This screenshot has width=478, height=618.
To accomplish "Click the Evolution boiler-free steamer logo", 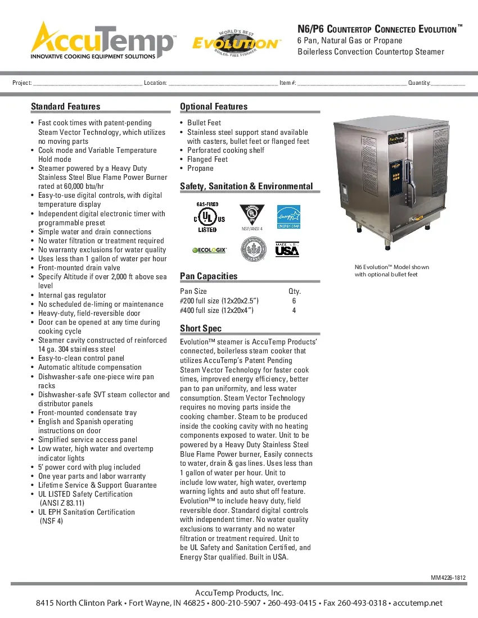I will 236,42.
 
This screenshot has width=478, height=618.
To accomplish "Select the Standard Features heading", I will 65,106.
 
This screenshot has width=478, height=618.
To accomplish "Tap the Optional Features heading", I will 214,106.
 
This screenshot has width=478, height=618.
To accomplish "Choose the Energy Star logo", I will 288,217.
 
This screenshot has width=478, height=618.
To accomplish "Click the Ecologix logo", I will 209,250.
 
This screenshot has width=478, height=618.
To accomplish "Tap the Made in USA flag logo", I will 287,249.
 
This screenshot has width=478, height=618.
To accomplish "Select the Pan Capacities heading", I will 209,276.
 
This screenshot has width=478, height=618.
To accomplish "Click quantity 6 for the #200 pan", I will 294,301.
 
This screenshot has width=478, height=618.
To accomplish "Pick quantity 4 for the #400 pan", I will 294,310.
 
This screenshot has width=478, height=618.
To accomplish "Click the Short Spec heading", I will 201,328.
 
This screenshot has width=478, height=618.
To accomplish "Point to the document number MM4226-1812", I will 448,578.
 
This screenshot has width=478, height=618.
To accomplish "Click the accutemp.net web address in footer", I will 418,603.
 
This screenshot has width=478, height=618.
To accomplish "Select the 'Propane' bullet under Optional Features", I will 200,168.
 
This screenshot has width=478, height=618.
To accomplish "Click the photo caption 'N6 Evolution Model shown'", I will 391,267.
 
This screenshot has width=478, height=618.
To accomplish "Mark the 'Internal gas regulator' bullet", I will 72,295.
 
